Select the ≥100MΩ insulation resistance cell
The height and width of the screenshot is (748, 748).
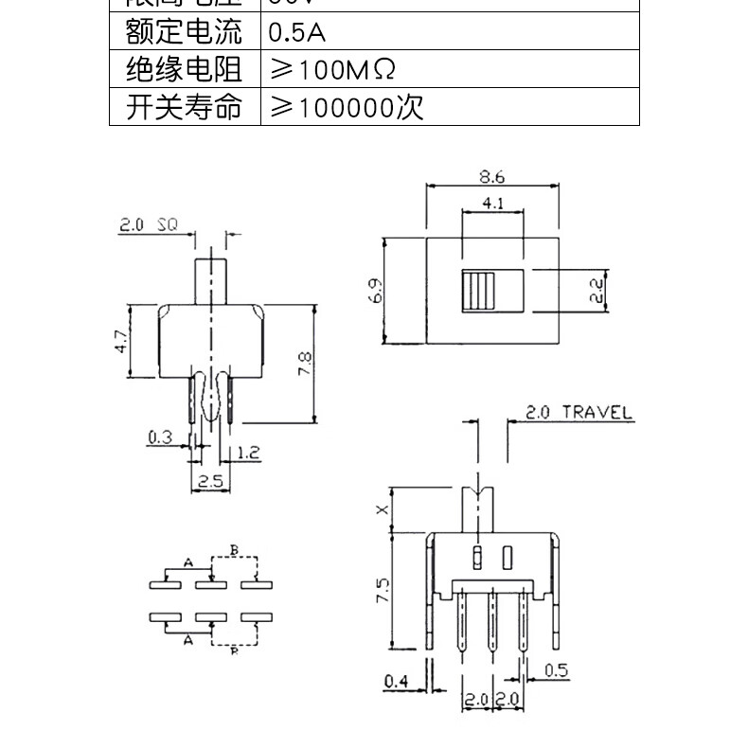click(x=331, y=70)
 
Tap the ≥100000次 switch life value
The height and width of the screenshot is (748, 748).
click(x=347, y=107)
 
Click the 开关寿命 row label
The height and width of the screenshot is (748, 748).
click(x=184, y=107)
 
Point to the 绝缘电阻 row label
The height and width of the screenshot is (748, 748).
click(x=184, y=70)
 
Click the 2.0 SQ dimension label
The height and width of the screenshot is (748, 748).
click(x=149, y=225)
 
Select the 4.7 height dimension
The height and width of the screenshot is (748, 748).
click(x=119, y=342)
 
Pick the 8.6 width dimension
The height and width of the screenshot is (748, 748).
click(x=491, y=176)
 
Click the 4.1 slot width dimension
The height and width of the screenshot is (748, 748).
click(x=491, y=204)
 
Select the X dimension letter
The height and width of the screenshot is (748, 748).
click(x=382, y=509)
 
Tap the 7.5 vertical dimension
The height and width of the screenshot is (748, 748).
click(x=382, y=592)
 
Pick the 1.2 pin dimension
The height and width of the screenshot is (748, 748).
click(x=248, y=453)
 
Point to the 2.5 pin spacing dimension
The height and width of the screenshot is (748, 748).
click(x=210, y=481)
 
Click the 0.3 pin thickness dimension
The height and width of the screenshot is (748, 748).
click(x=160, y=436)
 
